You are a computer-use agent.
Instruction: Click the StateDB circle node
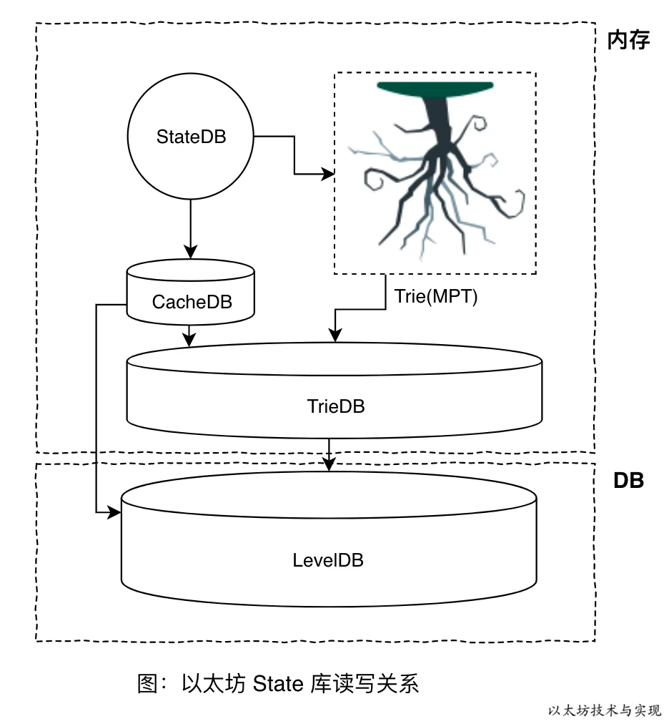point(191,137)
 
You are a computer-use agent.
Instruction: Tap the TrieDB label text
point(336,406)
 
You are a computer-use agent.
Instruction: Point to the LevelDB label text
point(328,560)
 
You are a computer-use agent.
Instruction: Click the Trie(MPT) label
point(435,296)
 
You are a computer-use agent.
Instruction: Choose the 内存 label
point(628,40)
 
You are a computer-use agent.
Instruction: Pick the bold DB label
point(628,481)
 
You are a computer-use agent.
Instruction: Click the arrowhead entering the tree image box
point(329,173)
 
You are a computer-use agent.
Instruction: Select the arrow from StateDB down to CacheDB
point(190,229)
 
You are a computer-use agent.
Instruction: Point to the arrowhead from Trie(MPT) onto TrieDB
point(335,335)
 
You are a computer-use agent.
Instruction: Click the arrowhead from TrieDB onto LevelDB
point(329,464)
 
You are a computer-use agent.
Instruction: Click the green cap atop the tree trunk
point(435,88)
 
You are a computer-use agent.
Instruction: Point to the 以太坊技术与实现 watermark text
point(605,710)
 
